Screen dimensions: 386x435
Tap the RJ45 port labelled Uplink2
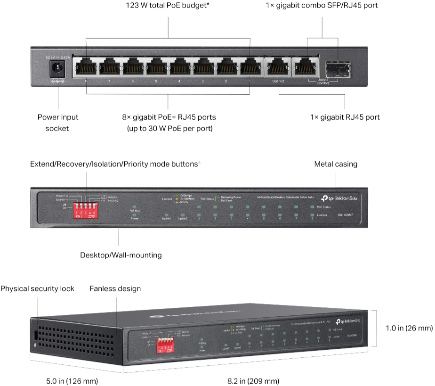coord(278,68)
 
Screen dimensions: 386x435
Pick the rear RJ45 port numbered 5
coord(156,68)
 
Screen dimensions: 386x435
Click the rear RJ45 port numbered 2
coord(226,68)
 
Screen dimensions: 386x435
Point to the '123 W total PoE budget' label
coord(168,6)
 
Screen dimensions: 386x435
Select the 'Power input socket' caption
coord(58,123)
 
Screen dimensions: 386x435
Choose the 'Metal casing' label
coord(336,164)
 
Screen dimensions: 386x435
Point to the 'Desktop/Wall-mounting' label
coord(121,255)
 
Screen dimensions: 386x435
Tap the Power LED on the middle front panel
coord(135,213)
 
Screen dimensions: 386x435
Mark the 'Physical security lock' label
coord(37,288)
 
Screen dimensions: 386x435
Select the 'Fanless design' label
coord(115,288)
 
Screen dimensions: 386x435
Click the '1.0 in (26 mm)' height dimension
coord(407,328)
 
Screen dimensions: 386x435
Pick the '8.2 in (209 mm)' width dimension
coord(253,381)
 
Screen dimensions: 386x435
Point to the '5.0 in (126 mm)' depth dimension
coord(65,381)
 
